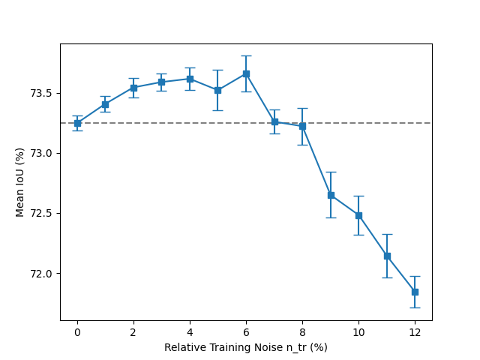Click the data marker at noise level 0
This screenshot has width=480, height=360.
pyautogui.click(x=77, y=123)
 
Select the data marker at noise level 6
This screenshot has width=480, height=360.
pyautogui.click(x=246, y=73)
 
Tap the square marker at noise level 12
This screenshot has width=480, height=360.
pyautogui.click(x=415, y=292)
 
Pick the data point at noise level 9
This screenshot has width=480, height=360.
pyautogui.click(x=331, y=195)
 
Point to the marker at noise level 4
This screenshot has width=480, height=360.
pyautogui.click(x=190, y=79)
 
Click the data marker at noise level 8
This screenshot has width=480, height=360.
pyautogui.click(x=302, y=126)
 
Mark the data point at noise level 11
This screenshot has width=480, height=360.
pyautogui.click(x=387, y=256)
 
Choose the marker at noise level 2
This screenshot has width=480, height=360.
pyautogui.click(x=133, y=88)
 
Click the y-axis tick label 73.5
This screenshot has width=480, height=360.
pyautogui.click(x=42, y=94)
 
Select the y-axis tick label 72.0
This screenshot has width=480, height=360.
pyautogui.click(x=42, y=274)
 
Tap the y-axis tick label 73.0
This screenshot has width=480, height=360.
pyautogui.click(x=42, y=154)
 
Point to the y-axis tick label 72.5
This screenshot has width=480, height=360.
pyautogui.click(x=42, y=214)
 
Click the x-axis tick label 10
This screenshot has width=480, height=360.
pyautogui.click(x=358, y=331)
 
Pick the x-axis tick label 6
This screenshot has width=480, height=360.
pyautogui.click(x=246, y=331)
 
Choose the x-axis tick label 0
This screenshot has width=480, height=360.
pyautogui.click(x=77, y=331)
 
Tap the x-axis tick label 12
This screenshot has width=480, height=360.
pyautogui.click(x=415, y=331)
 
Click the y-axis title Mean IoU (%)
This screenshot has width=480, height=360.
pyautogui.click(x=20, y=182)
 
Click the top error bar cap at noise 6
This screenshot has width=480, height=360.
pyautogui.click(x=246, y=55)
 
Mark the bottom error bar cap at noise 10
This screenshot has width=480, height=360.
pyautogui.click(x=358, y=235)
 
